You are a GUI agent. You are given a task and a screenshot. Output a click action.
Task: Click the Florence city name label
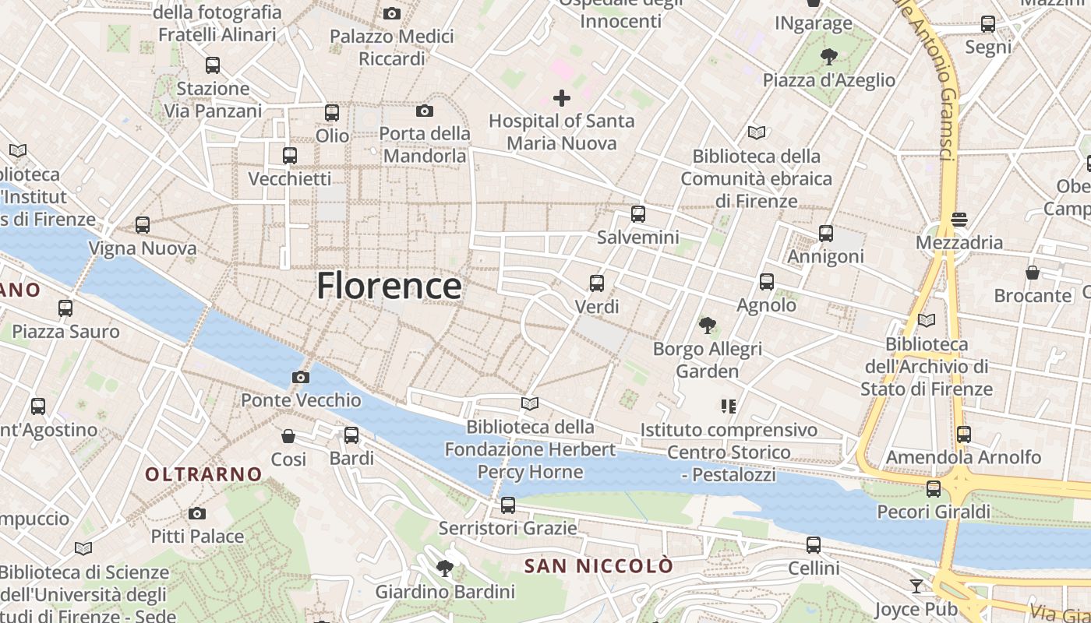(389, 286)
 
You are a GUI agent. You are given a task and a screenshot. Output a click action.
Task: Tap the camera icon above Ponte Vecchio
(300, 378)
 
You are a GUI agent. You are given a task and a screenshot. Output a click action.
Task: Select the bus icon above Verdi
(597, 283)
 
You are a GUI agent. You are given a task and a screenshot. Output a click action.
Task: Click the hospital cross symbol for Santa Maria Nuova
(561, 98)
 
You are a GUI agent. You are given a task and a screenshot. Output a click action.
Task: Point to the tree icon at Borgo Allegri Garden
(707, 326)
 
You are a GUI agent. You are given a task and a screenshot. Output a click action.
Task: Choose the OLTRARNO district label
(203, 473)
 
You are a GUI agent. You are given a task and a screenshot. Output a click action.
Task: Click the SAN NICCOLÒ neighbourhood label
(598, 566)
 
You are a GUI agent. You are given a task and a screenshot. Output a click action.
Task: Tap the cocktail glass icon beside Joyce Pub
(916, 586)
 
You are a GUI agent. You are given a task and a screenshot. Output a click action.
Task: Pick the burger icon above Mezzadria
(959, 220)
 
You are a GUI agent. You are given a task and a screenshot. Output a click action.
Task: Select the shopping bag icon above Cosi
(288, 436)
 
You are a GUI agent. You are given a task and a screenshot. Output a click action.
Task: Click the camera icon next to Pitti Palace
(197, 513)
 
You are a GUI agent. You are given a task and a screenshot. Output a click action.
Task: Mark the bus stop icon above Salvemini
(638, 214)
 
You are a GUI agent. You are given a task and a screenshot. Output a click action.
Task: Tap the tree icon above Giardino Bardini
(445, 568)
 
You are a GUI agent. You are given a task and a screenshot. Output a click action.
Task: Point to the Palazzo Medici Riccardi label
(392, 48)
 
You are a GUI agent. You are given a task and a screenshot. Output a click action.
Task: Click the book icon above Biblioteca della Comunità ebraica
(756, 132)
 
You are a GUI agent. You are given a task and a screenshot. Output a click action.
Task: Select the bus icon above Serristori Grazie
(508, 505)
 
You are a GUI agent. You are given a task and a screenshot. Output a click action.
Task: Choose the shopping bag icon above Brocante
(1033, 273)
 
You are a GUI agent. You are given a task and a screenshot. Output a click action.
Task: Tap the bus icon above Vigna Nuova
(143, 225)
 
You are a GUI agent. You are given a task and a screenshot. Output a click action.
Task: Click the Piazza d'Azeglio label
(829, 80)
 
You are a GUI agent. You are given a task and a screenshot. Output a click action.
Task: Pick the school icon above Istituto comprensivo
(729, 406)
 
